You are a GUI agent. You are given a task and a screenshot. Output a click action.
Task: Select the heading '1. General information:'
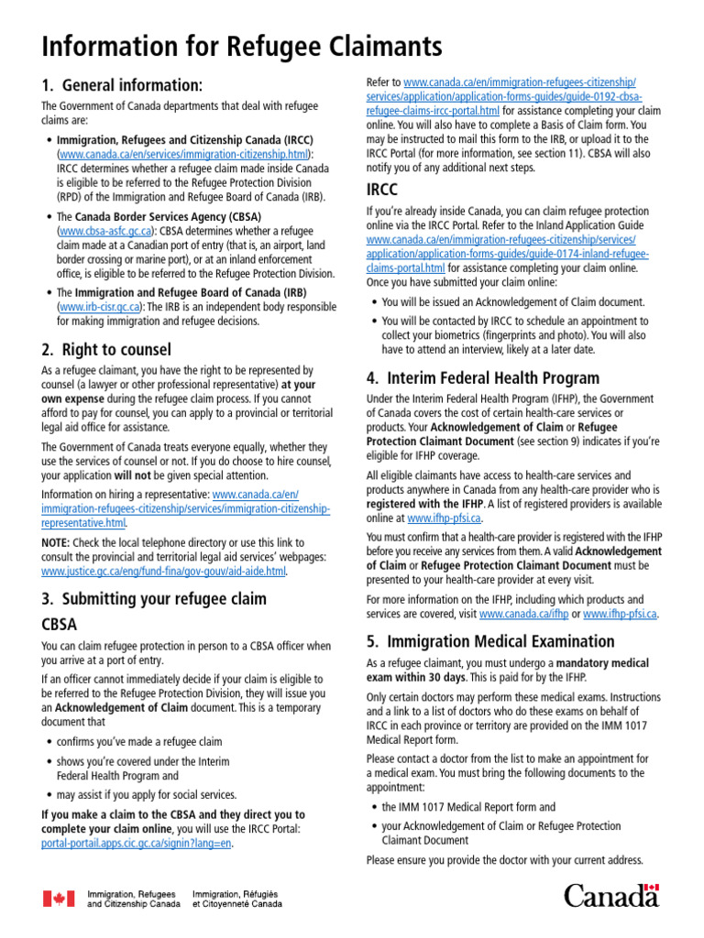[122, 85]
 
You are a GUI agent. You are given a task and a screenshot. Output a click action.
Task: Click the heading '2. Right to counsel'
[106, 349]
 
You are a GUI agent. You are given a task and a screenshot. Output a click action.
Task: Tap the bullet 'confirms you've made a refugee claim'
[139, 742]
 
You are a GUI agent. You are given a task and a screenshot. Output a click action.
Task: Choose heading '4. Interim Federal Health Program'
[482, 377]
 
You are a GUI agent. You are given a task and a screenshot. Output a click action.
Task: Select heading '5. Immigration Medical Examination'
[489, 640]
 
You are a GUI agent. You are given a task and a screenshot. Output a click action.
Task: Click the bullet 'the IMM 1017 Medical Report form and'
[468, 807]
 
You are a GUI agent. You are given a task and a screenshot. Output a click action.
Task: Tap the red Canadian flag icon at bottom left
[59, 898]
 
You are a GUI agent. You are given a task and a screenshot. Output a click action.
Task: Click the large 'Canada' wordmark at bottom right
[610, 895]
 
